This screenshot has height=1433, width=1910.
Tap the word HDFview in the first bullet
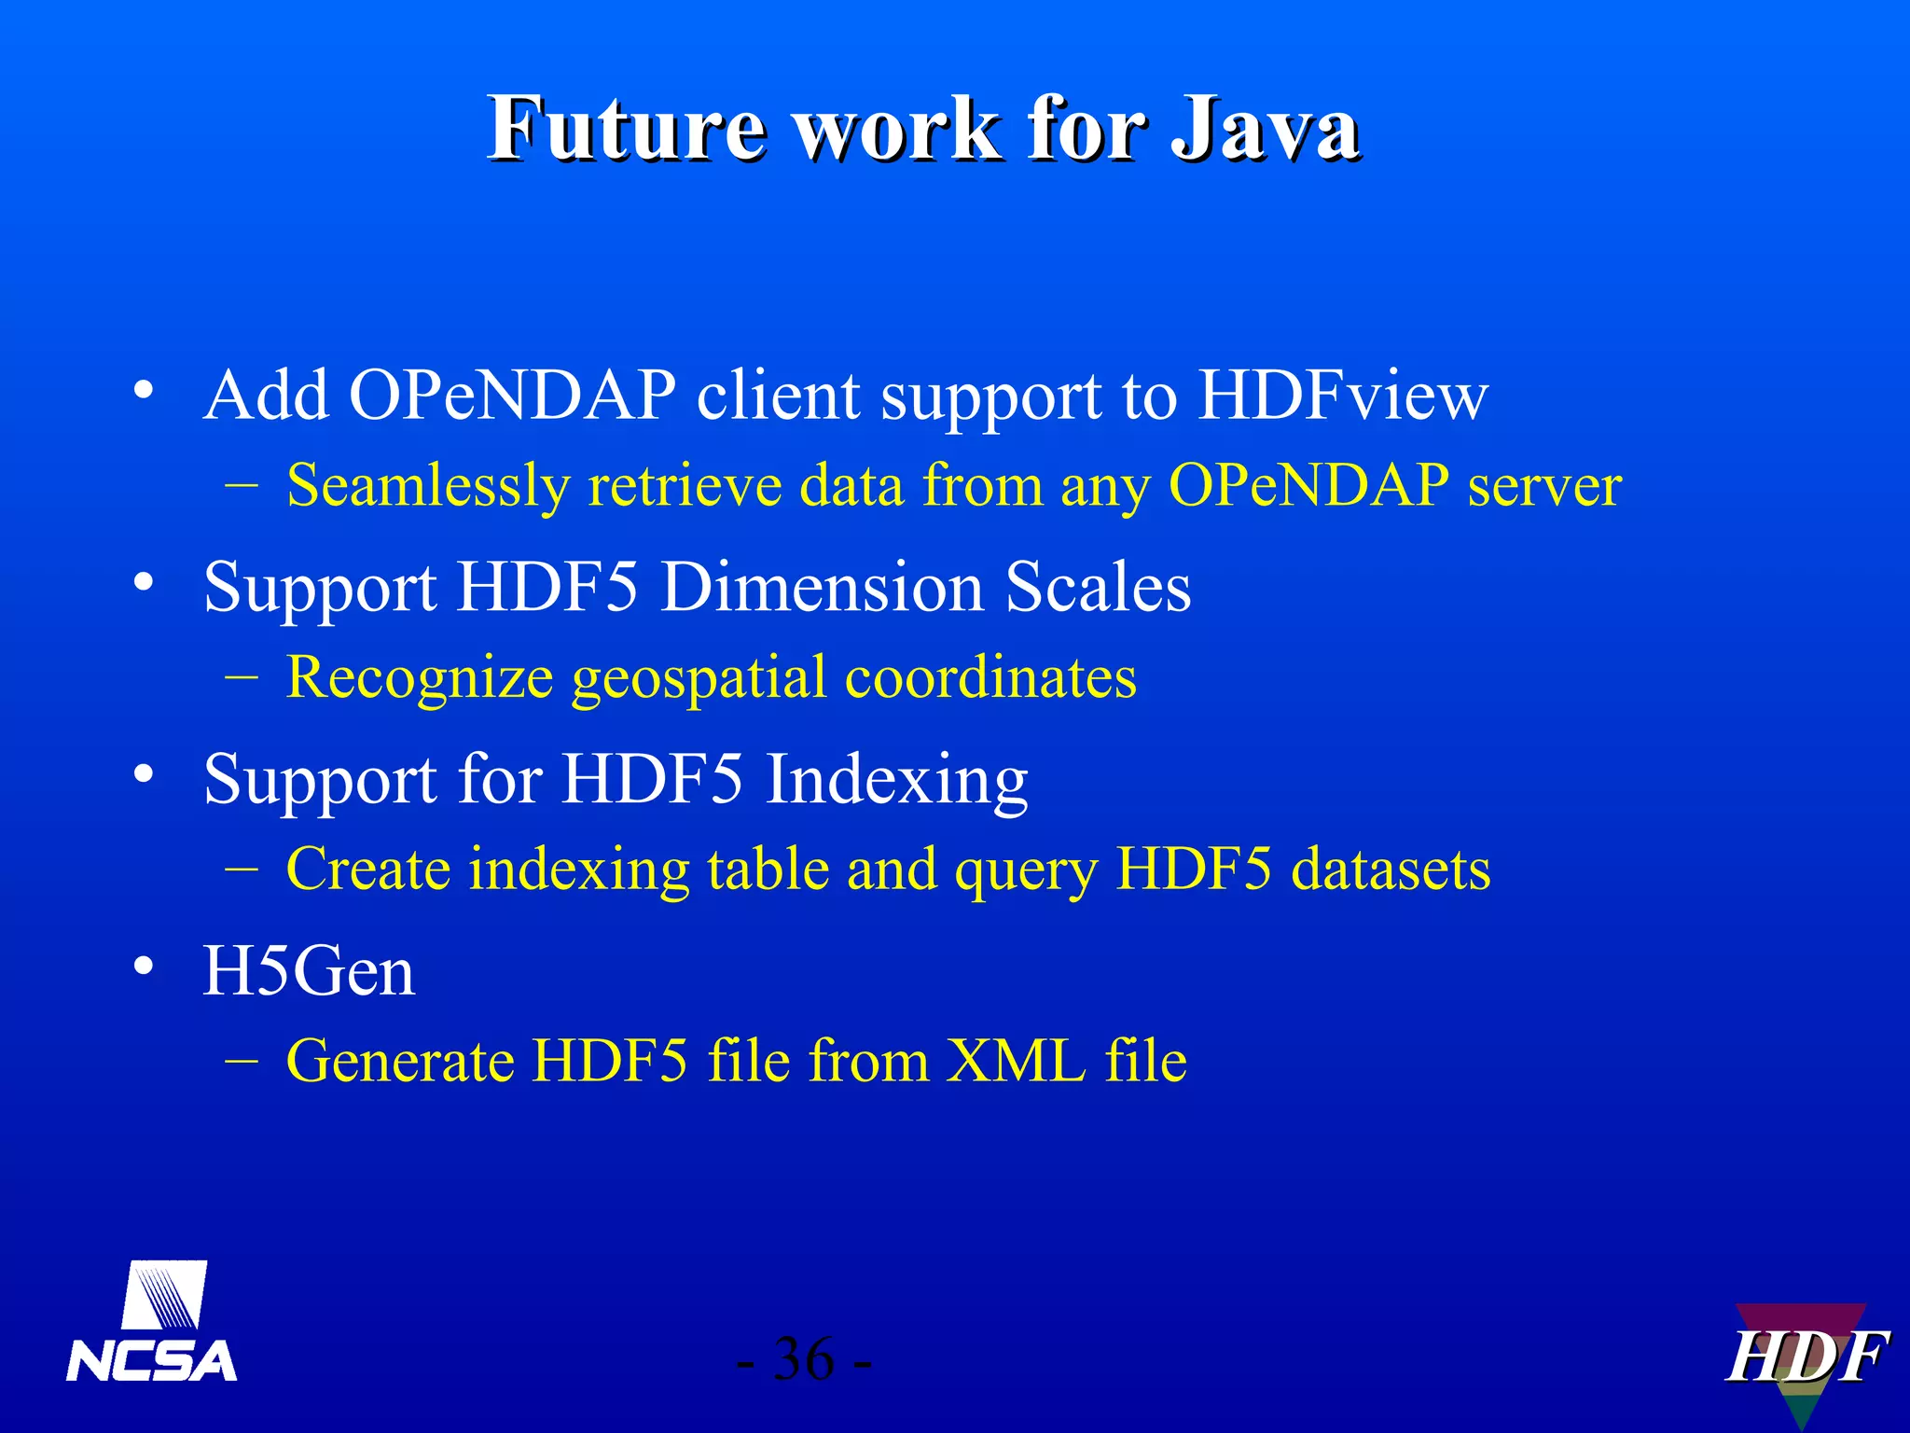[1343, 396]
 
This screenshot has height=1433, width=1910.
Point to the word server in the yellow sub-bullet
[1544, 486]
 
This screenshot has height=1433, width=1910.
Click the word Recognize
[420, 677]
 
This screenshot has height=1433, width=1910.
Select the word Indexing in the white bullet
[896, 780]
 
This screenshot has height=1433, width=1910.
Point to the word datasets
[1391, 870]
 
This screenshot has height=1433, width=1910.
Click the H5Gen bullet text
[309, 972]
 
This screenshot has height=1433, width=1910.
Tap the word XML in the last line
[1016, 1061]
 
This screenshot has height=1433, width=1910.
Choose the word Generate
[400, 1061]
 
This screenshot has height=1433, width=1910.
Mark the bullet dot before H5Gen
[143, 967]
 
